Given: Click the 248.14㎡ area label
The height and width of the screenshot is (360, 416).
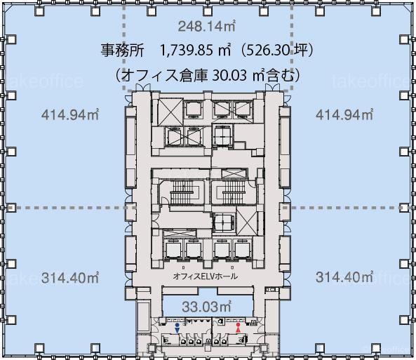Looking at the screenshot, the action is [x=207, y=26].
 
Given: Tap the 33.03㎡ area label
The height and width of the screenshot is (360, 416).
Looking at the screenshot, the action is [x=207, y=307].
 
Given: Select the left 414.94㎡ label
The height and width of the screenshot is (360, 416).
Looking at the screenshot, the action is [x=70, y=114].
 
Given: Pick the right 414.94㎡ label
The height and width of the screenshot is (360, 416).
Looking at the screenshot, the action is [x=344, y=114].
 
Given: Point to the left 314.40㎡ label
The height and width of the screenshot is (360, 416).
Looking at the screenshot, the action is [x=70, y=278].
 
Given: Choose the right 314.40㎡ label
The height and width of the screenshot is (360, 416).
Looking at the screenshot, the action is [x=344, y=277].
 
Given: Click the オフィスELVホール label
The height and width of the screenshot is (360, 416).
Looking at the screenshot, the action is [x=205, y=276].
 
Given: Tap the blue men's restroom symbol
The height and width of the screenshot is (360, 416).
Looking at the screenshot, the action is [x=177, y=328].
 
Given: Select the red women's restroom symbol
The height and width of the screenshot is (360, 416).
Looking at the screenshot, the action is [x=238, y=328].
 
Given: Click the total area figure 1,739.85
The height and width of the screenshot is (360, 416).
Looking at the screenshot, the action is [x=186, y=51].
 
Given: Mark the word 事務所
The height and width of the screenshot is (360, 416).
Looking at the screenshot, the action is [x=122, y=51].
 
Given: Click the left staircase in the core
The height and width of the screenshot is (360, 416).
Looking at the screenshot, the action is [x=182, y=192].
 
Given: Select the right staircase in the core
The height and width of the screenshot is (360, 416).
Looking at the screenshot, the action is [x=234, y=192].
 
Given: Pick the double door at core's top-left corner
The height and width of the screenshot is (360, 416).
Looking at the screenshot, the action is [x=142, y=88].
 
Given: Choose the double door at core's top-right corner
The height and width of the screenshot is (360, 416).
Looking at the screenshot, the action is [x=272, y=88].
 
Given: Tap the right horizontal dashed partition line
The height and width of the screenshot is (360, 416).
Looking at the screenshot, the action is [x=345, y=208].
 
